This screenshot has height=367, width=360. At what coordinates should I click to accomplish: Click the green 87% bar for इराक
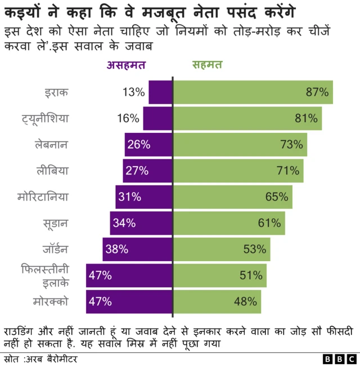tap(253, 92)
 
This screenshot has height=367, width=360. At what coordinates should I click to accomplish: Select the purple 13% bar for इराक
tap(160, 92)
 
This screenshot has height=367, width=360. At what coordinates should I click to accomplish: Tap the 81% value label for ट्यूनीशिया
tap(306, 118)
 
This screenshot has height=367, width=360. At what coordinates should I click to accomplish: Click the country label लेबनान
tap(51, 145)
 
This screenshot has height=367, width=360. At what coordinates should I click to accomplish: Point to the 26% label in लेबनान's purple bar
tap(138, 145)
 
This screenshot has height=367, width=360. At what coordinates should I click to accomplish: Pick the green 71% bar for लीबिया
tap(238, 171)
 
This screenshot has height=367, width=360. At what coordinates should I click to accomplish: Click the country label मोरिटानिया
tap(43, 197)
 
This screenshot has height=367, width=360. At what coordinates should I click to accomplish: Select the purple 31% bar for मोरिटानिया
tap(144, 197)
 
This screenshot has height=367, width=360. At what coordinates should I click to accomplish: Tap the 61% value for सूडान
tap(269, 223)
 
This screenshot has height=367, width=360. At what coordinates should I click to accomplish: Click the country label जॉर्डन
tap(55, 249)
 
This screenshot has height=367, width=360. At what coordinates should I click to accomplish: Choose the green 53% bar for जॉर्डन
tap(222, 249)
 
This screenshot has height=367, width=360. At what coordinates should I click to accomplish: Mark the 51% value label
tap(251, 275)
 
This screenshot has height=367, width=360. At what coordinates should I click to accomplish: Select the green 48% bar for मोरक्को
tap(217, 301)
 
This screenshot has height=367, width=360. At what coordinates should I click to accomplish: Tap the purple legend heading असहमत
tap(126, 65)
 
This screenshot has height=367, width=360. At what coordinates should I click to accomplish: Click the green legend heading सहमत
tap(206, 65)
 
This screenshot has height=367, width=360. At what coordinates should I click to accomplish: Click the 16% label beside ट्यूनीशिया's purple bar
tap(128, 118)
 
